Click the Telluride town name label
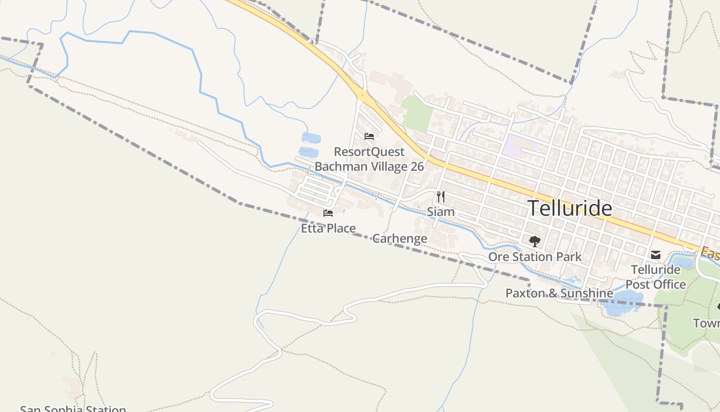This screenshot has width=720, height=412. (570, 209)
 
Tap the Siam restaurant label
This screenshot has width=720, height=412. (441, 212)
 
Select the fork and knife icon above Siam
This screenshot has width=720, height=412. (440, 196)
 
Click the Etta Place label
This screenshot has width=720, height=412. (328, 228)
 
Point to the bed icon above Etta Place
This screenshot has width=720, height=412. (328, 213)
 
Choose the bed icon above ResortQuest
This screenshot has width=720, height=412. (369, 136)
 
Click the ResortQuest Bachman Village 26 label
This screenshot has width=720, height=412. (369, 159)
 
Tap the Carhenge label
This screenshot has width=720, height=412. (400, 238)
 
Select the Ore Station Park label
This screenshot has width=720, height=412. (535, 256)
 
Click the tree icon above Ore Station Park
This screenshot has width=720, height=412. (535, 241)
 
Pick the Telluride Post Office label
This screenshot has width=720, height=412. (656, 277)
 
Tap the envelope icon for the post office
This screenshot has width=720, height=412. (656, 255)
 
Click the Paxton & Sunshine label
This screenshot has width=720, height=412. (559, 293)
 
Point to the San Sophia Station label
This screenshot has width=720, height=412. (73, 409)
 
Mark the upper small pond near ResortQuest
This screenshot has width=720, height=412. (311, 138)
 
